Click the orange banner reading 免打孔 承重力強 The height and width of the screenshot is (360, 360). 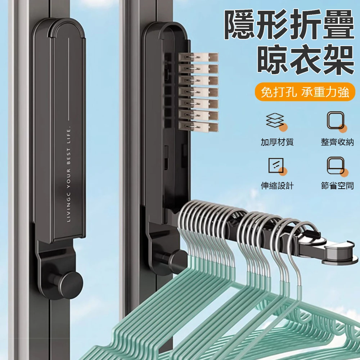tap(305, 92)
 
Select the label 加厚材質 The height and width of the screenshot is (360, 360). tap(277, 142)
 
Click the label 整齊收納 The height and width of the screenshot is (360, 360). tap(337, 142)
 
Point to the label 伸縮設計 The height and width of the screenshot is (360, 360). tap(277, 185)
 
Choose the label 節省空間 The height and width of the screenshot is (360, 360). tap(337, 185)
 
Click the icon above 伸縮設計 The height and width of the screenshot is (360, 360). tap(277, 166)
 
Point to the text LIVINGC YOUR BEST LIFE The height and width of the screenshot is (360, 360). tap(68, 174)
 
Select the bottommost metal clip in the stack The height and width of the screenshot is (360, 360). tap(198, 127)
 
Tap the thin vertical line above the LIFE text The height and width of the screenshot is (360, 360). tap(69, 79)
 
